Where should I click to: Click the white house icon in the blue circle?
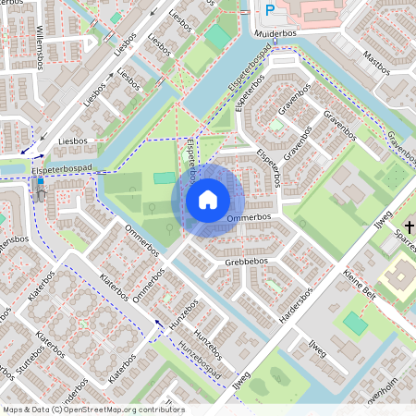tap(208, 199)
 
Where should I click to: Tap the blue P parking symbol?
tap(270, 10)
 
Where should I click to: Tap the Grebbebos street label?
tap(246, 262)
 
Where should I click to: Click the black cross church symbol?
tap(410, 228)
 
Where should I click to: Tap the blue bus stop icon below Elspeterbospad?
tap(40, 183)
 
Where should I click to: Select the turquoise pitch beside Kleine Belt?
tap(354, 324)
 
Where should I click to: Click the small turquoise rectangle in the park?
tap(165, 177)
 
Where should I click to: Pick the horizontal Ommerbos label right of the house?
tap(249, 218)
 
